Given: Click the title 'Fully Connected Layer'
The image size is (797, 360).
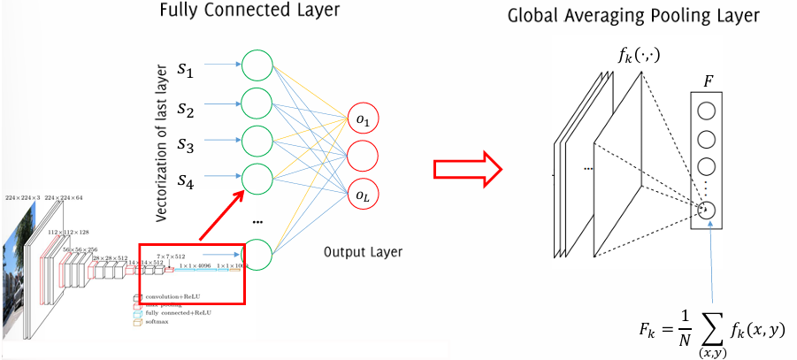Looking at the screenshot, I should click(x=250, y=13).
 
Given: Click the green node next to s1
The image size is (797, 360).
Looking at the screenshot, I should click(x=257, y=65).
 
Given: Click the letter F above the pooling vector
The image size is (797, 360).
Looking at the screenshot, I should click(x=709, y=80).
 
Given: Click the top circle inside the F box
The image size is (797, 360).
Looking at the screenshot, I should click(x=707, y=111).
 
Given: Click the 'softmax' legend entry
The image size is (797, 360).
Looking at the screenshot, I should click(x=157, y=321).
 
